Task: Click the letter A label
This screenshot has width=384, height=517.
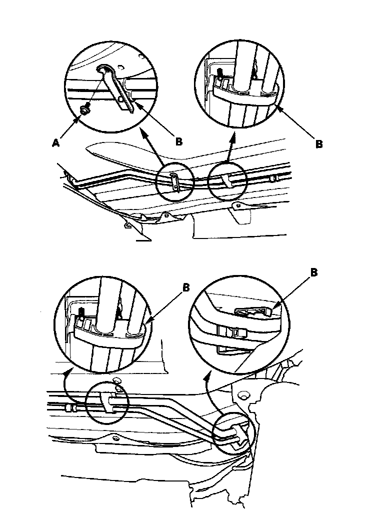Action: [x=55, y=142]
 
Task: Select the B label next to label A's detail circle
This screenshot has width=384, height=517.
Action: [x=178, y=141]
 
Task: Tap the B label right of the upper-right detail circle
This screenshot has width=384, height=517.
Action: [x=318, y=144]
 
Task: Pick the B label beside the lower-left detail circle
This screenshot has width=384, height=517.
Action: [x=186, y=288]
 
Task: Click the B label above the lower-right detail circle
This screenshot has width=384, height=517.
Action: [x=313, y=273]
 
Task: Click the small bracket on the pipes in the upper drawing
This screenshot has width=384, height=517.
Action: [x=174, y=180]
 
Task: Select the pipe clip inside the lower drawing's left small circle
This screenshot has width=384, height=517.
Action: [x=106, y=400]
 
